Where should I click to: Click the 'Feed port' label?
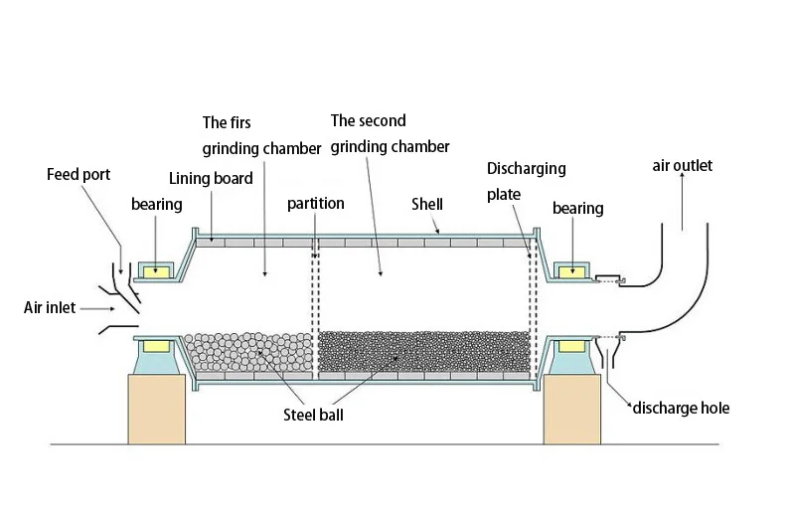79,175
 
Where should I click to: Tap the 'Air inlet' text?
50,307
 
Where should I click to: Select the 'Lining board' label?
211,179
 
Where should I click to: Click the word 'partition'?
316,204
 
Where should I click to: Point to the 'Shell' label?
427,204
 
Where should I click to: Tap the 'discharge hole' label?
681,409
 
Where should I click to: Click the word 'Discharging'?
527,169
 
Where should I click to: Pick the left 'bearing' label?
157,205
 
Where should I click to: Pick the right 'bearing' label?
577,208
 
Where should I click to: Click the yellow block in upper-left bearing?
156,270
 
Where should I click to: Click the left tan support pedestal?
157,409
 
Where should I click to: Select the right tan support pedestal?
573,409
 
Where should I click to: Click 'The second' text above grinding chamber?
368,121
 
